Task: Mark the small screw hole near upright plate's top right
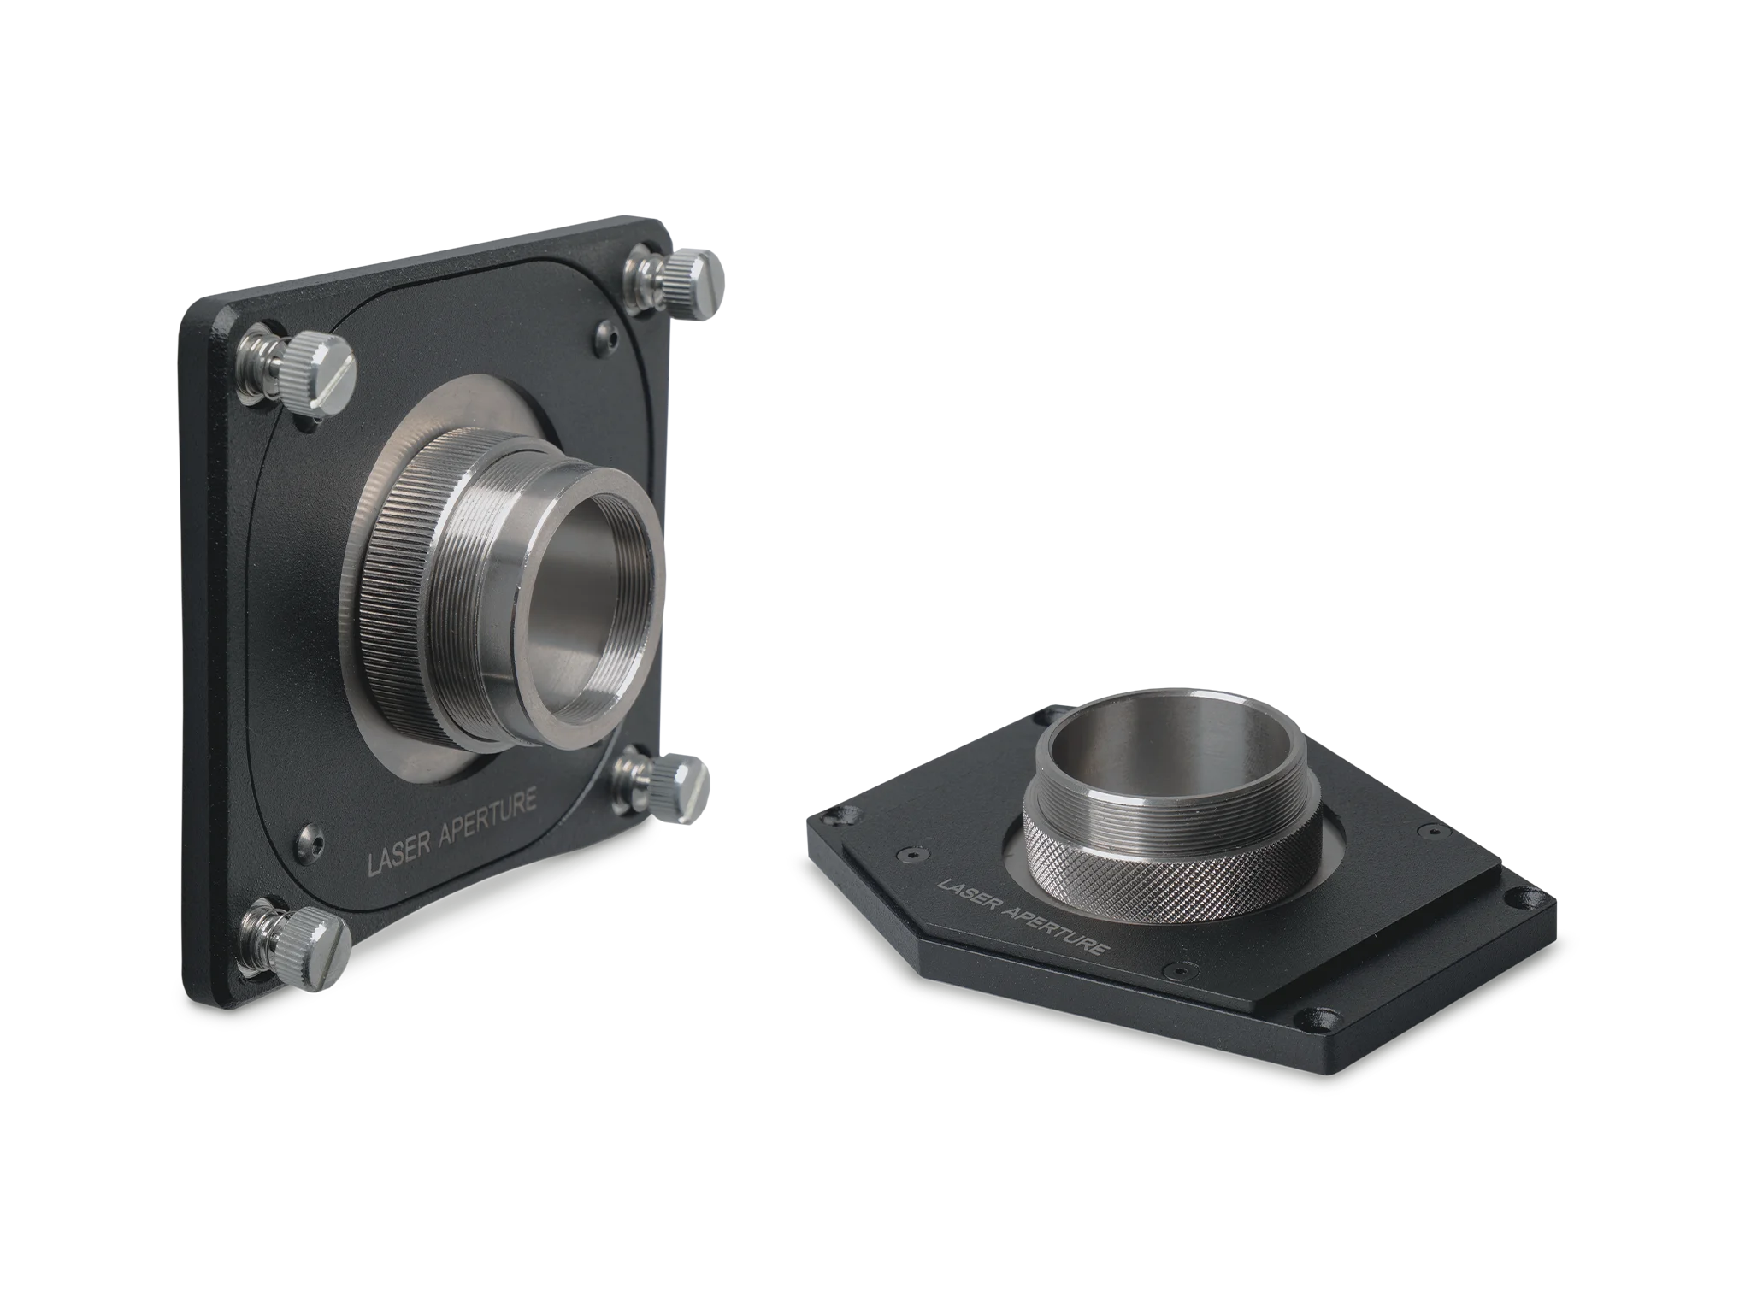coord(610,337)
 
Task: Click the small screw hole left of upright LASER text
coord(310,841)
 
